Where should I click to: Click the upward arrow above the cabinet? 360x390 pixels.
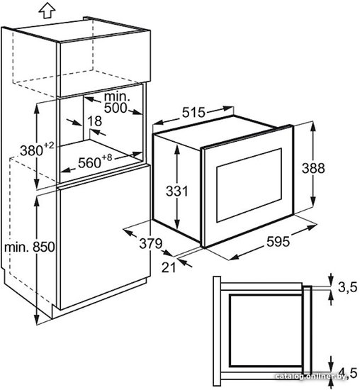click(47, 11)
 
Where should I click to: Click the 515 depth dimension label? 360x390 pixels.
click(193, 113)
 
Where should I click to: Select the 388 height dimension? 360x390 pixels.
click(313, 168)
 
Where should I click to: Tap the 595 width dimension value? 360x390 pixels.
click(278, 242)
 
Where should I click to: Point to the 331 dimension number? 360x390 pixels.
click(177, 191)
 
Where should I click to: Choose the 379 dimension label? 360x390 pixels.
click(151, 243)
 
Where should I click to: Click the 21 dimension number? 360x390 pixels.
click(169, 267)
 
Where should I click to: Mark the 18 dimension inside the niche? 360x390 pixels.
click(94, 121)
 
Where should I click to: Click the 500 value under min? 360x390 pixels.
click(116, 108)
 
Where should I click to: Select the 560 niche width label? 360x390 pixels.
click(89, 163)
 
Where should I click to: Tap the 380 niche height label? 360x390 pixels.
click(32, 151)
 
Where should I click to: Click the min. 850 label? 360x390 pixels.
click(29, 247)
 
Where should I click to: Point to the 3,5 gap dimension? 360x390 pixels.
click(347, 287)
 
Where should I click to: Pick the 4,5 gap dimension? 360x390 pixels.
click(351, 373)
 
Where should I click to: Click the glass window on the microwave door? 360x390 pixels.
click(249, 185)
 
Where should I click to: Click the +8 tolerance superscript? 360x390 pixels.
click(107, 157)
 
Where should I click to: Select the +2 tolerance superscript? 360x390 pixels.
click(49, 145)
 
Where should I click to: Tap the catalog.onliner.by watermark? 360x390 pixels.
click(311, 377)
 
